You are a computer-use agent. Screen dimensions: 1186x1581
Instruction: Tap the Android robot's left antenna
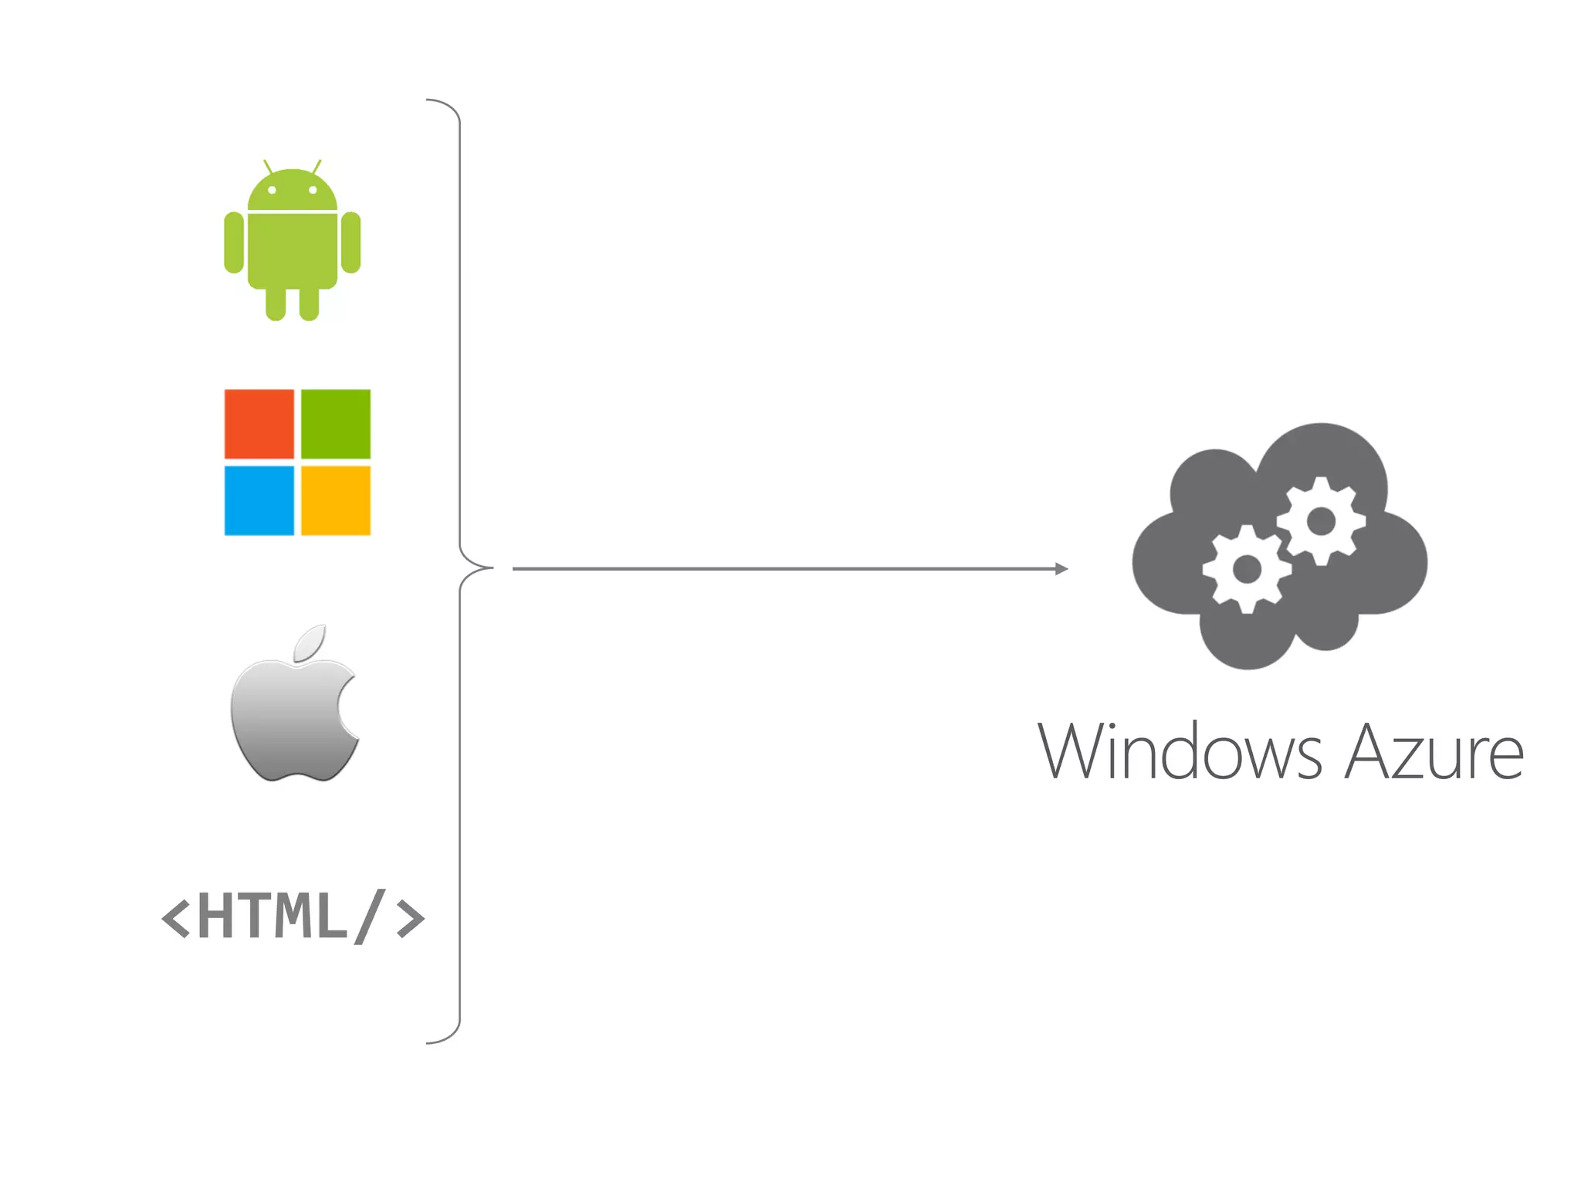click(267, 166)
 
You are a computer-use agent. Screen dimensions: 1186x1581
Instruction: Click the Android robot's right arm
click(350, 242)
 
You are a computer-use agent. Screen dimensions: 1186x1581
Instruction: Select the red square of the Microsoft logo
click(259, 424)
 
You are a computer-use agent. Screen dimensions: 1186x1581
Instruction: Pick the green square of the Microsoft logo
click(335, 424)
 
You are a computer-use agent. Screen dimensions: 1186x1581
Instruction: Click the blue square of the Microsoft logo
click(259, 500)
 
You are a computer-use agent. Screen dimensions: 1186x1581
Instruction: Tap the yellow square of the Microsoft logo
click(335, 500)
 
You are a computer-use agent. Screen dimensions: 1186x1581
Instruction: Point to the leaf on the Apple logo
click(310, 643)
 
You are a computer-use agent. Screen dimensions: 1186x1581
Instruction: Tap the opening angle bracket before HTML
click(175, 918)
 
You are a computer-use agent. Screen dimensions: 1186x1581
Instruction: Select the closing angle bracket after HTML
click(410, 918)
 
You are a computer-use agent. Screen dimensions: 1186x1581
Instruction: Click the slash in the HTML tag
click(369, 917)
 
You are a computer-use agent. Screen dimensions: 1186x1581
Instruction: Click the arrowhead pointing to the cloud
click(1061, 569)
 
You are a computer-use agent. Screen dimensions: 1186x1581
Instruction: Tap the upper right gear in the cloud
click(1321, 521)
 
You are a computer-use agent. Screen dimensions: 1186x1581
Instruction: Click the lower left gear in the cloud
click(1247, 570)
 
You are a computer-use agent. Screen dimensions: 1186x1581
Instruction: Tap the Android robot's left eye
click(272, 190)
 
